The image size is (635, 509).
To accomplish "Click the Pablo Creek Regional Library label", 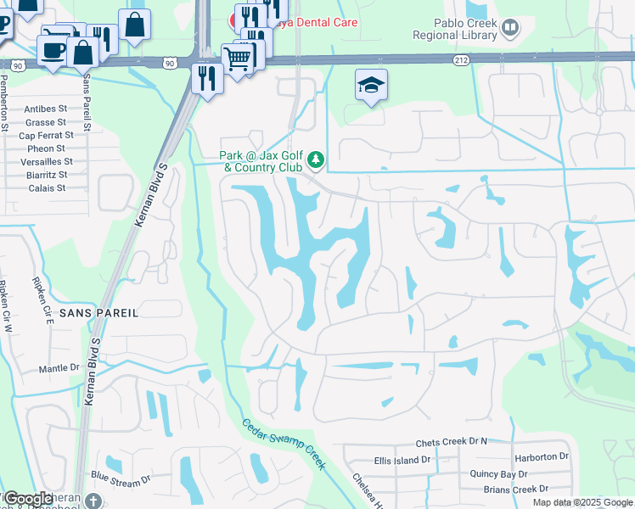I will [x=454, y=30].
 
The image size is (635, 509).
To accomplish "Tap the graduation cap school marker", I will [x=370, y=85].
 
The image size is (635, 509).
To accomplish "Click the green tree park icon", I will [x=316, y=159].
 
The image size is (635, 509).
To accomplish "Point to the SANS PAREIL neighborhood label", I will [x=99, y=312].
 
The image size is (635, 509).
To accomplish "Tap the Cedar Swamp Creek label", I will [x=284, y=445].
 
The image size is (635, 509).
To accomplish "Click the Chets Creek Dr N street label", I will [x=452, y=443].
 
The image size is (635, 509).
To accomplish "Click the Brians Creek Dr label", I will [x=517, y=489].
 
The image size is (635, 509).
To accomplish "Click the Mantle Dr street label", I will [x=59, y=369].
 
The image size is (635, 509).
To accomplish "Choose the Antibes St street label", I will [x=45, y=109].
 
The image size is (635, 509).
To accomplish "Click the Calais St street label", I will [x=45, y=187].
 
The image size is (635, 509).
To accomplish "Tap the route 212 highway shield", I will [x=461, y=59].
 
